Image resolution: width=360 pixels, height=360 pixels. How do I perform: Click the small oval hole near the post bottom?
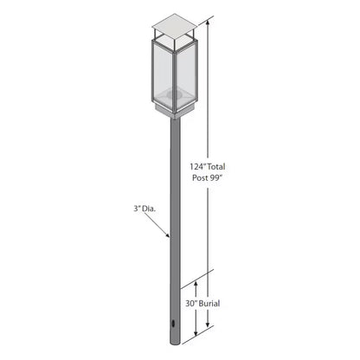(175, 325)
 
